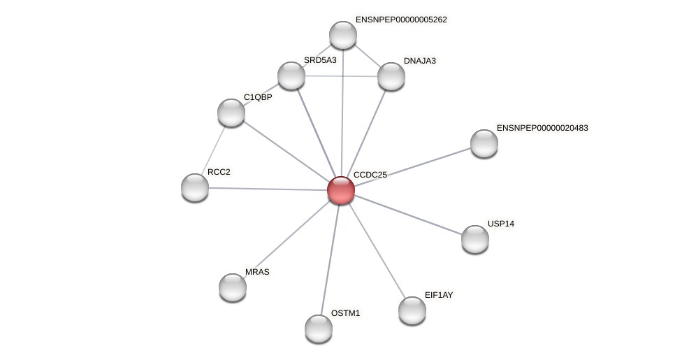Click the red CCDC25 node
pyautogui.click(x=341, y=190)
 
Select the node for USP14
pyautogui.click(x=475, y=239)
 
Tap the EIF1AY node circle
pyautogui.click(x=412, y=310)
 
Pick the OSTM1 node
pyautogui.click(x=319, y=329)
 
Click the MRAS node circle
pyautogui.click(x=233, y=287)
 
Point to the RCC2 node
pyautogui.click(x=195, y=187)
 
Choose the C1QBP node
pyautogui.click(x=231, y=113)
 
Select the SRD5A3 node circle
pyautogui.click(x=291, y=75)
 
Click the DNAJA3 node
pyautogui.click(x=391, y=76)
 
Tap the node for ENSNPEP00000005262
pyautogui.click(x=343, y=35)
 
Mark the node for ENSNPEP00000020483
pyautogui.click(x=484, y=143)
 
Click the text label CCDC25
pyautogui.click(x=370, y=175)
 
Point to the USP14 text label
pyautogui.click(x=500, y=224)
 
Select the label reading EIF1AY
pyautogui.click(x=439, y=295)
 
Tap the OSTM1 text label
pyautogui.click(x=345, y=313)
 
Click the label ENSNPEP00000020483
pyautogui.click(x=542, y=128)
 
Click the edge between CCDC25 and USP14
pyautogui.click(x=408, y=215)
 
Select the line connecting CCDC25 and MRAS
pyautogui.click(x=286, y=238)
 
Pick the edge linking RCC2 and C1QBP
pyautogui.click(x=213, y=150)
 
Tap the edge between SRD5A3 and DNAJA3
pyautogui.click(x=341, y=75)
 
